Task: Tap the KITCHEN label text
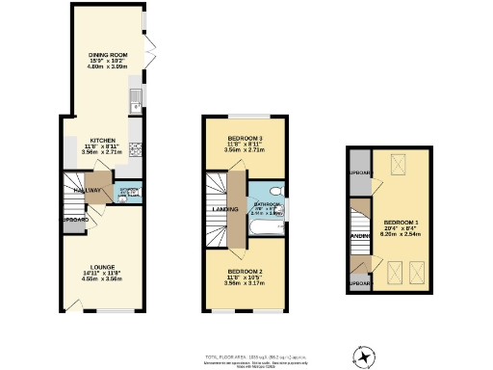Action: point(102,140)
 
